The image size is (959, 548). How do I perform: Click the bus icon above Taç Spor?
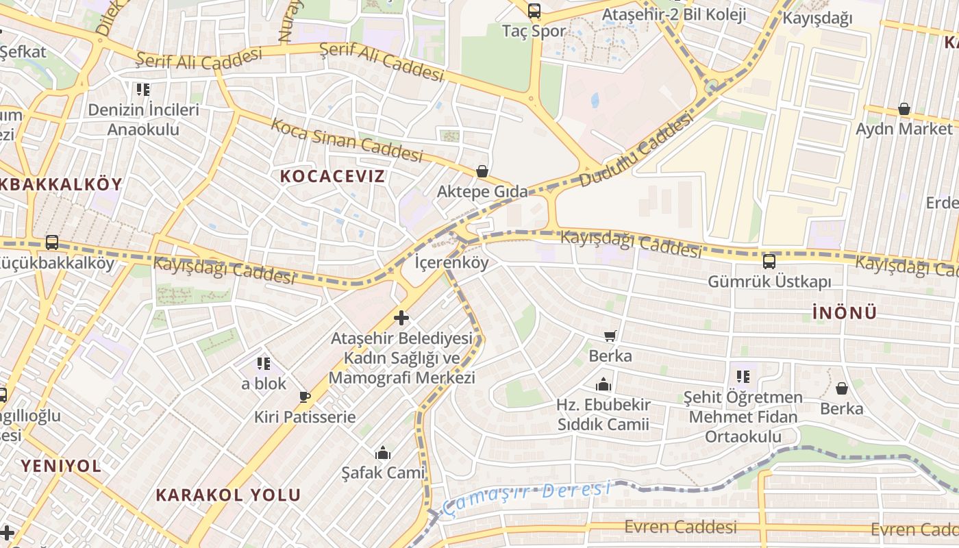(x=534, y=11)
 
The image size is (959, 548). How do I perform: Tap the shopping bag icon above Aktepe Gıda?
(x=482, y=171)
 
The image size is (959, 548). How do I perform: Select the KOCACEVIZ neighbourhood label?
(x=332, y=176)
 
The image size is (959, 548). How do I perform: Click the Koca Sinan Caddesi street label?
(x=347, y=140)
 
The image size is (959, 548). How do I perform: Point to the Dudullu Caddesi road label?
(x=636, y=152)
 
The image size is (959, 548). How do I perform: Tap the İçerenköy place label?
(x=452, y=262)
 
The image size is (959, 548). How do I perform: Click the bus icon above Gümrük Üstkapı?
(x=769, y=261)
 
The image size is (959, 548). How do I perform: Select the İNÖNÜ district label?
(x=845, y=313)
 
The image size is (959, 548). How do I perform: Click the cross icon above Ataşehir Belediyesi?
(x=401, y=318)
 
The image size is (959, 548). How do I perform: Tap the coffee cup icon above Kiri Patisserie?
(x=305, y=396)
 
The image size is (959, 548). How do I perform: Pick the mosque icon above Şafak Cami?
(x=383, y=453)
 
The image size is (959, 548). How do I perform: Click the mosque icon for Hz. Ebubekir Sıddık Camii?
(x=603, y=384)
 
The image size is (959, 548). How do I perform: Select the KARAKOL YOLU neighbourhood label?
(x=228, y=495)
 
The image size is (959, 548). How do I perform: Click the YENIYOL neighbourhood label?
(x=61, y=466)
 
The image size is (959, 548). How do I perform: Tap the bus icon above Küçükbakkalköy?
(x=52, y=242)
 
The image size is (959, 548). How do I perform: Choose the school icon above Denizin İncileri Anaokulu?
(x=143, y=89)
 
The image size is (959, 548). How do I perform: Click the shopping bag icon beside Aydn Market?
(x=904, y=109)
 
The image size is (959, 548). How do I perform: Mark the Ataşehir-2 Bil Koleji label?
(x=673, y=14)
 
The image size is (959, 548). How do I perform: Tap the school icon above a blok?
(x=264, y=363)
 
